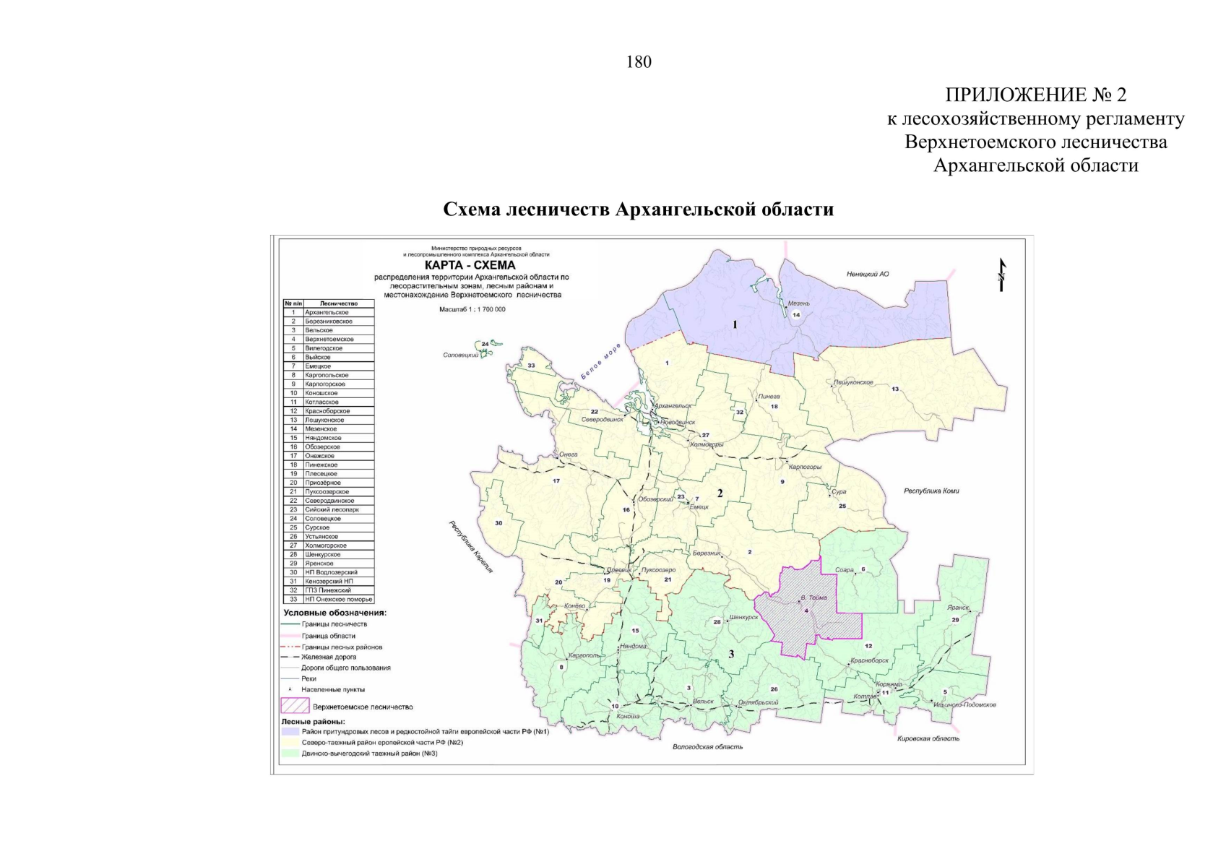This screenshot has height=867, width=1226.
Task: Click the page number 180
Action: pyautogui.click(x=639, y=62)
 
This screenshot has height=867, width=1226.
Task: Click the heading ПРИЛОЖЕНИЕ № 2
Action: pyautogui.click(x=1035, y=95)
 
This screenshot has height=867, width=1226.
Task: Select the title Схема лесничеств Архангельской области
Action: pyautogui.click(x=638, y=210)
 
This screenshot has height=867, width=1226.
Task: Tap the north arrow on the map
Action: pyautogui.click(x=1001, y=275)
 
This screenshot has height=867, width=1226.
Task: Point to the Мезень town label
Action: pyautogui.click(x=798, y=303)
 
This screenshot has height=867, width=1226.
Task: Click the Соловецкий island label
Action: pyautogui.click(x=460, y=355)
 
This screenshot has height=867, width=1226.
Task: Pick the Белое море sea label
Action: pyautogui.click(x=600, y=362)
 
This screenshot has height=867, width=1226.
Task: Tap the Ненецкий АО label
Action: pyautogui.click(x=867, y=275)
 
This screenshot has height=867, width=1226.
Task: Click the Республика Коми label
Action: pyautogui.click(x=931, y=491)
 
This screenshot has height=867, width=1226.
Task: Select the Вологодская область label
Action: pyautogui.click(x=707, y=747)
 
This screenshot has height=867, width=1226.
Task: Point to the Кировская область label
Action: pyautogui.click(x=928, y=739)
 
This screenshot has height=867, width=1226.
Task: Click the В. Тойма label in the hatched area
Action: pyautogui.click(x=813, y=598)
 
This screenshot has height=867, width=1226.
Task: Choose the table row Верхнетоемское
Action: pyautogui.click(x=329, y=339)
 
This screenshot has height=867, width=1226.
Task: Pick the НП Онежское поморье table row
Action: pyautogui.click(x=338, y=599)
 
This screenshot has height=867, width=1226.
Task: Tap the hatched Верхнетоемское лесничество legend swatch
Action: pyautogui.click(x=295, y=706)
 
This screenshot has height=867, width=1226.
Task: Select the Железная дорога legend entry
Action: pyautogui.click(x=329, y=657)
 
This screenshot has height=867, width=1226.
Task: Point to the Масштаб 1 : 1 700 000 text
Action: pyautogui.click(x=472, y=309)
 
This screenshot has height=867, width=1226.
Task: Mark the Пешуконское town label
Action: pyautogui.click(x=853, y=382)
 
